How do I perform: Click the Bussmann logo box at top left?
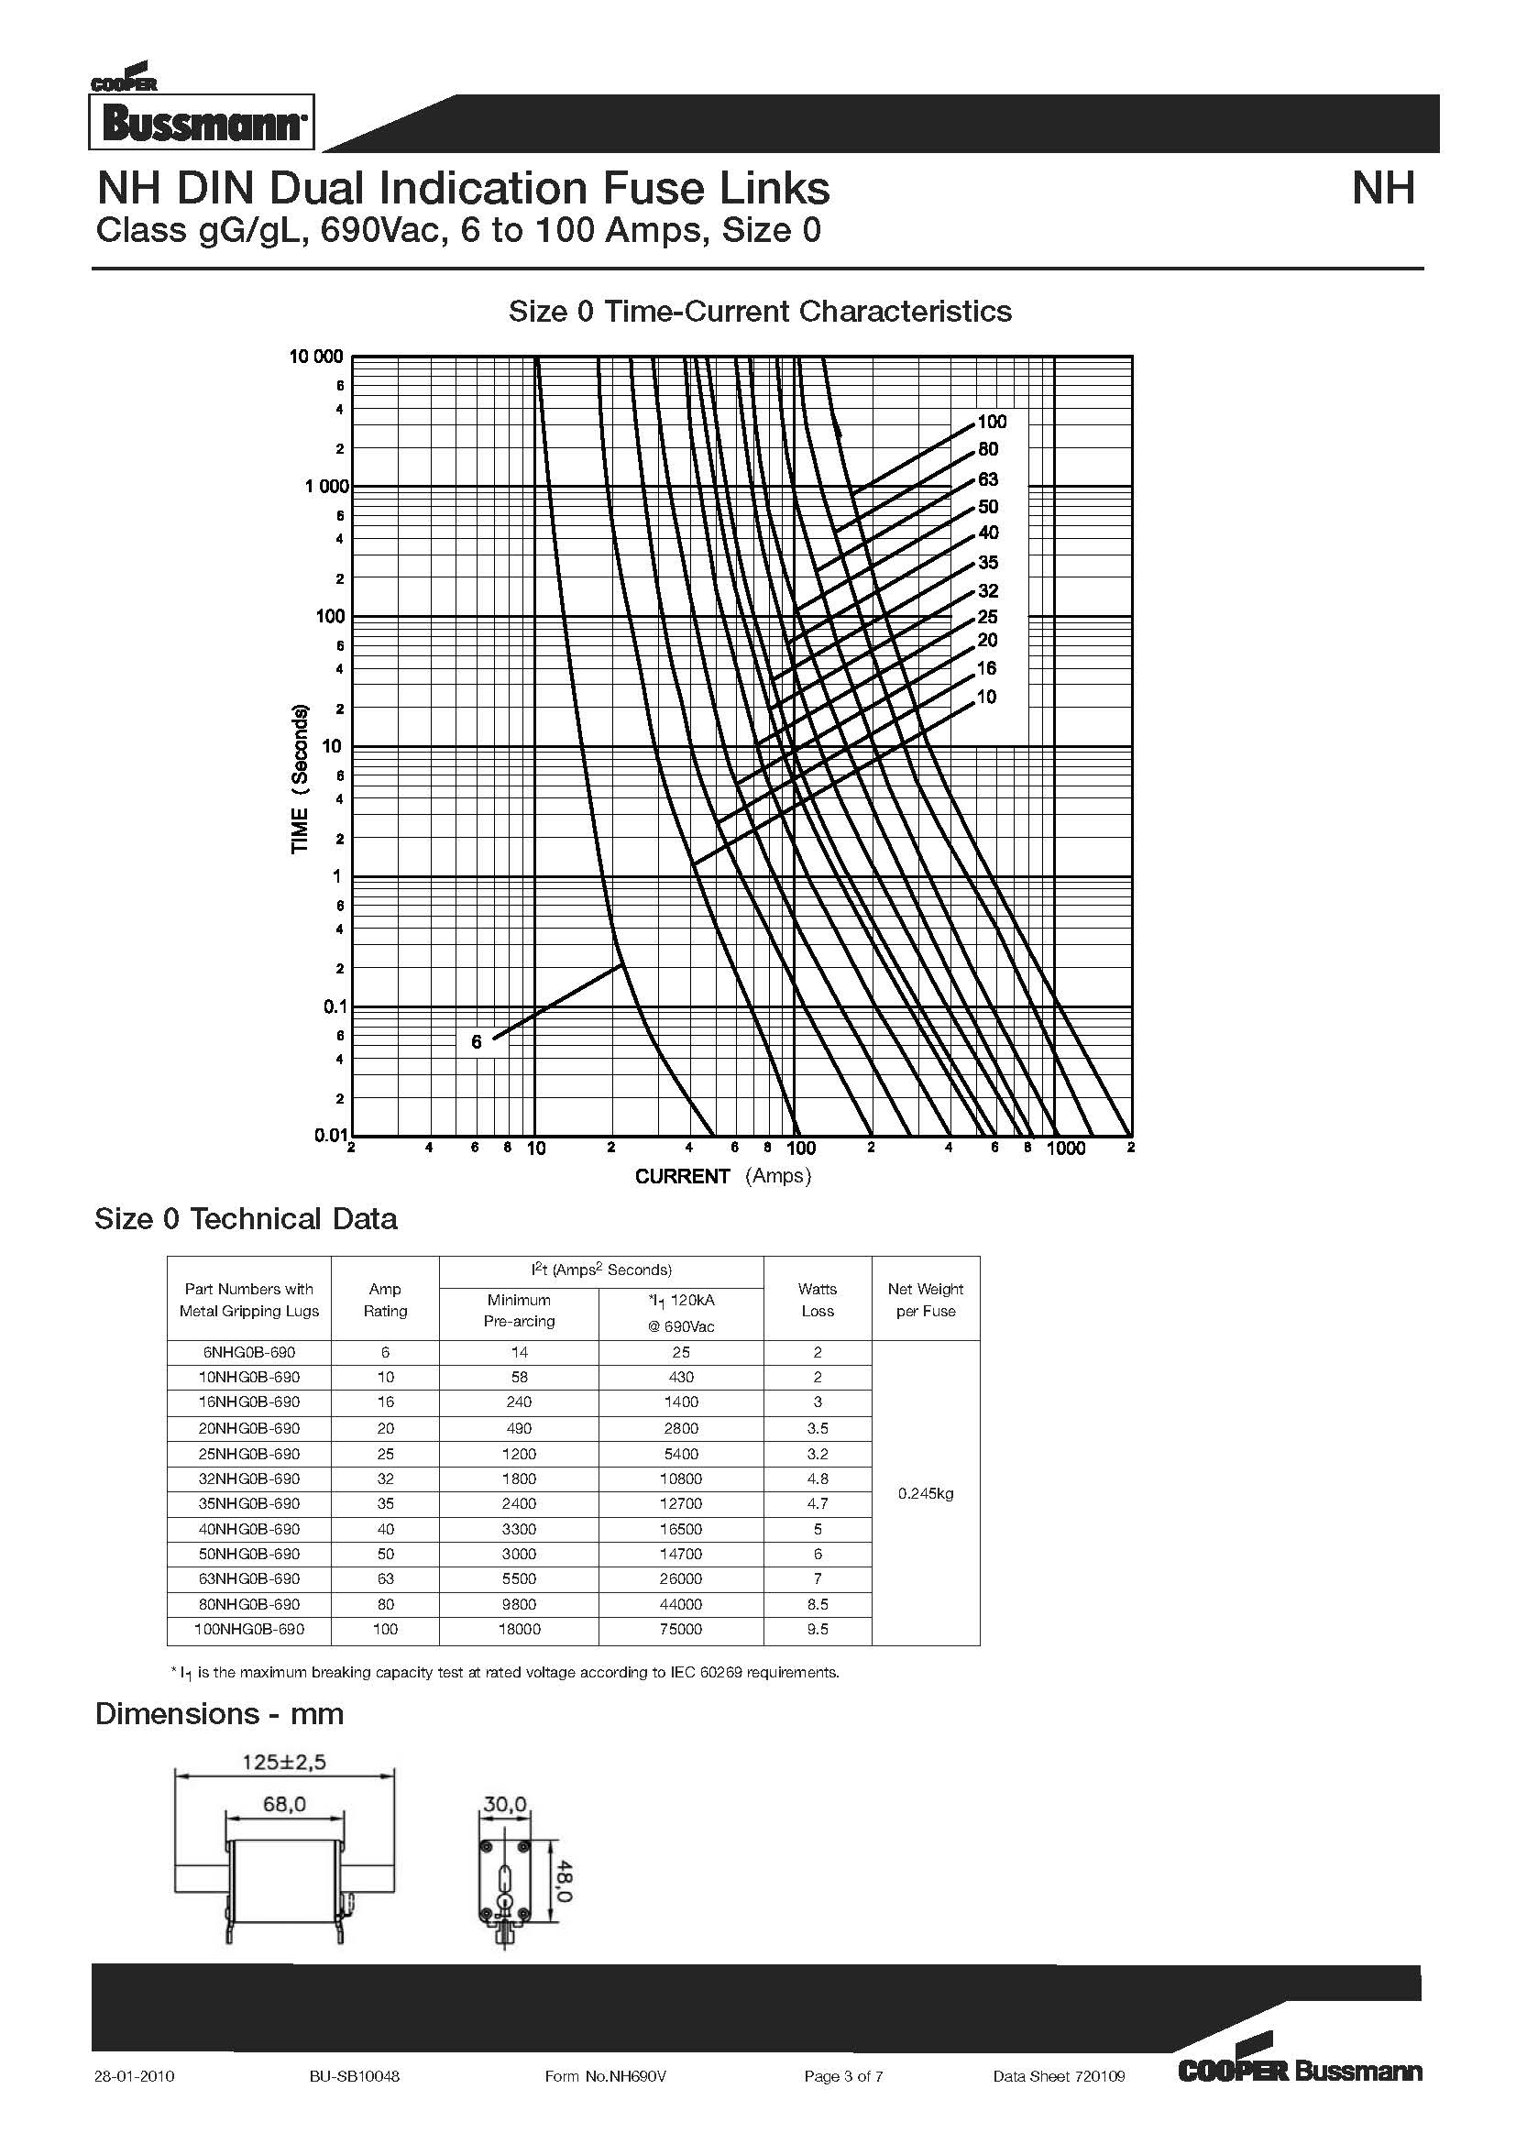(x=202, y=122)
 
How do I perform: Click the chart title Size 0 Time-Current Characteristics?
(x=759, y=311)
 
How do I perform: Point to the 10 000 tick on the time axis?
(x=316, y=357)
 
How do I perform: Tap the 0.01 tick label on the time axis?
(x=330, y=1136)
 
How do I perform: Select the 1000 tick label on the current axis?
(x=1065, y=1149)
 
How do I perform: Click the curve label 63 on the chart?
(x=988, y=480)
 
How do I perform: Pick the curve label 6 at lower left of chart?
(x=476, y=1042)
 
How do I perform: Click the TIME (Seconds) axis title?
(x=300, y=779)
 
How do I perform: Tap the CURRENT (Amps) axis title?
(x=722, y=1177)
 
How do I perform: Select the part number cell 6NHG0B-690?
(x=248, y=1352)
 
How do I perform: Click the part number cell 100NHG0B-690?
(x=248, y=1630)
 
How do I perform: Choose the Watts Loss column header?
(x=817, y=1299)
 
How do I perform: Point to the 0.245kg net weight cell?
(x=925, y=1493)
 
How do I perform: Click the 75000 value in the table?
(x=680, y=1630)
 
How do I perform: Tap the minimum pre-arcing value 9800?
(x=518, y=1604)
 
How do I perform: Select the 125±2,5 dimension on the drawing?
(x=284, y=1762)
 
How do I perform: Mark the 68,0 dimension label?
(x=284, y=1804)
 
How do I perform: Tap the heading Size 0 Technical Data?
(x=246, y=1218)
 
